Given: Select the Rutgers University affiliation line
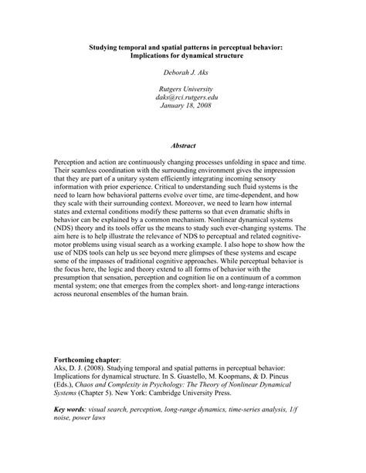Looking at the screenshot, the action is coord(183,90).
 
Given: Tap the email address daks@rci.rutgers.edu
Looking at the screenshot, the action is coord(183,98).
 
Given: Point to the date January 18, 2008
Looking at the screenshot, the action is coord(183,106).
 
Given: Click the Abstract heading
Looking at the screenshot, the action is coord(183,145).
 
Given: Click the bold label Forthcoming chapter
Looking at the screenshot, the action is coord(87,360).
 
